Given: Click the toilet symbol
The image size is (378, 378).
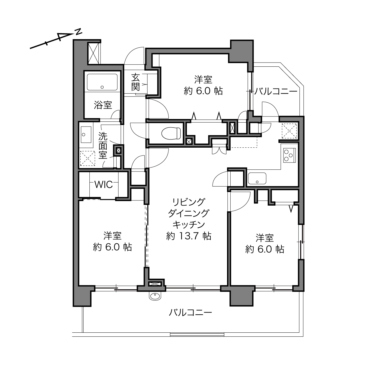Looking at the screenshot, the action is (171, 133).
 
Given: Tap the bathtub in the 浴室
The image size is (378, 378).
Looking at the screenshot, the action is (102, 82).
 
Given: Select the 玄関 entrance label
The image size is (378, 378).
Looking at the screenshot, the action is (135, 82).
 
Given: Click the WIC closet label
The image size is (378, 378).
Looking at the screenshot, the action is (104, 184).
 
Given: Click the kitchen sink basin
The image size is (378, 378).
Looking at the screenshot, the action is (257, 178).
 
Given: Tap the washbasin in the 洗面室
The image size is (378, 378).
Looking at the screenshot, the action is (86, 135).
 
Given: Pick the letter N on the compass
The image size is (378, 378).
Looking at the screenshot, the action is (79, 32).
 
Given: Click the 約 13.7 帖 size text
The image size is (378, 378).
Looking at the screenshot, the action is (189, 236).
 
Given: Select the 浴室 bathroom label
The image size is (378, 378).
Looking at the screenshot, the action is (103, 105).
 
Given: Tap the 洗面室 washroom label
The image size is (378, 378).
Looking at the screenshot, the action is (103, 145).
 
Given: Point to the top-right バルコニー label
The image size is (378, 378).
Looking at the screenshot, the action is (276, 91).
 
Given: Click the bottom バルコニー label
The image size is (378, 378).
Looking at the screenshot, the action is (191, 312).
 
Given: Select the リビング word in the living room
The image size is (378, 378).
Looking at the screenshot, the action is (189, 202).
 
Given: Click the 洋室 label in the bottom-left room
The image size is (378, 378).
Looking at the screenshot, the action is (112, 235).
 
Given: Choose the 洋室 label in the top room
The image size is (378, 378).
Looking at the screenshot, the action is (203, 79).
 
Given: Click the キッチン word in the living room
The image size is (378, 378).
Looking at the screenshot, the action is (189, 225).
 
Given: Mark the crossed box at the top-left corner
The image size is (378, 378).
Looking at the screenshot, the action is (93, 53).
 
